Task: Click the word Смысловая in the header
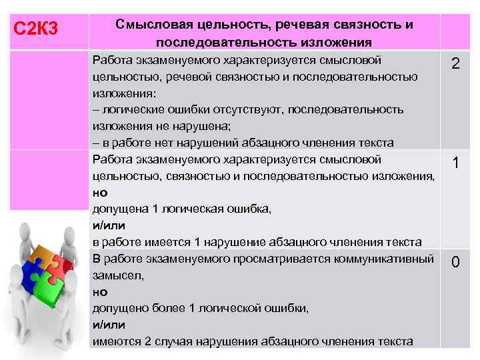point(147,25)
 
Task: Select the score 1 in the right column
point(455,163)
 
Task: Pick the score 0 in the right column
point(455,262)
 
